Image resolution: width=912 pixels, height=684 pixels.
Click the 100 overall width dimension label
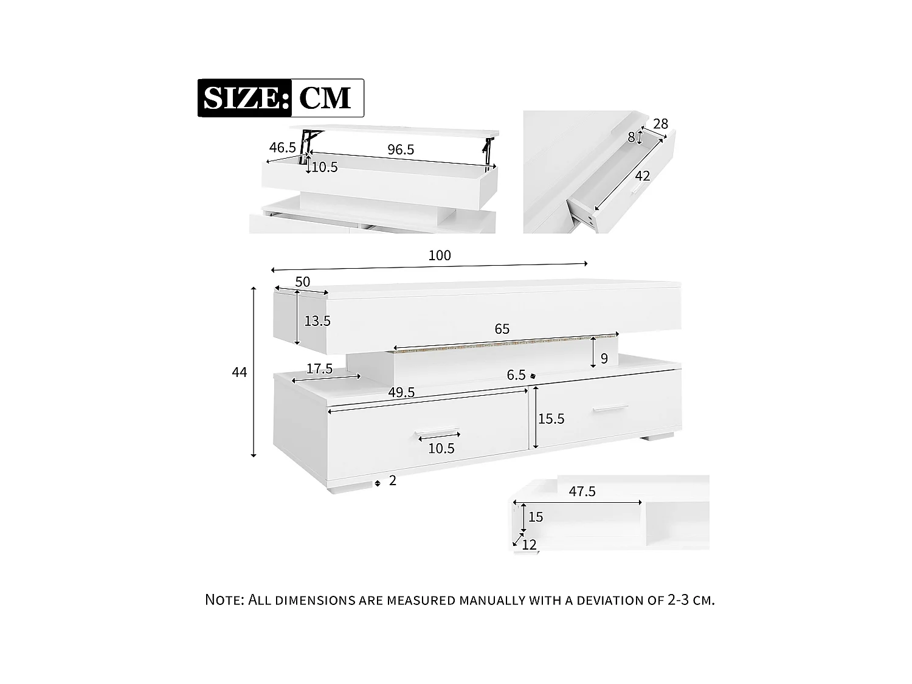coord(440,255)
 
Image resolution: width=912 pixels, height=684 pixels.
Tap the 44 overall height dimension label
coord(240,372)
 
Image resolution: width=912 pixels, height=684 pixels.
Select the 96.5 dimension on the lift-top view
coord(401,150)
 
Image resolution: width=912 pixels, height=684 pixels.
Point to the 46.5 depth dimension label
coord(282,147)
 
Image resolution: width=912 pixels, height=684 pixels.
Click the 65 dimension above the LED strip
coord(502,329)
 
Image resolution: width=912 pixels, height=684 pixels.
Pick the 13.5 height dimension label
coord(317,321)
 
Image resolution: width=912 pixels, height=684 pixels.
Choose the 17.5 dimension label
coord(319,368)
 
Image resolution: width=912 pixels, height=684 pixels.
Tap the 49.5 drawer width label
coord(401,393)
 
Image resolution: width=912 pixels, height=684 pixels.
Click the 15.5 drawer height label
coord(551,419)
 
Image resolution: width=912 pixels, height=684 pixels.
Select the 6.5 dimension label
coord(516,375)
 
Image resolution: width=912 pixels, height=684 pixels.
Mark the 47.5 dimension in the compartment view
coord(582,491)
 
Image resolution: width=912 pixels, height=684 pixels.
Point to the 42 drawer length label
coord(643,176)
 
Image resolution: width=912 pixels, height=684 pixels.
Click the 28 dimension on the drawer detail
coord(660,124)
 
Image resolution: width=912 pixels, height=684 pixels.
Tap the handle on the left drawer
coord(438,434)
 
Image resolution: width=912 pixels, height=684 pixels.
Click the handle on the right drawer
coord(610,409)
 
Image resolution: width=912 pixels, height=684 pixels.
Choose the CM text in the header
coord(326,98)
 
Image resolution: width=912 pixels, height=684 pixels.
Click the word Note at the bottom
coord(224,599)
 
